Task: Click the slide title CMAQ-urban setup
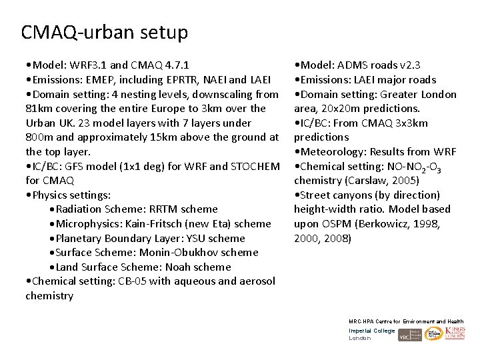[105, 32]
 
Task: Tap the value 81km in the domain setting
[39, 109]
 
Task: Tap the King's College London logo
[455, 333]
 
